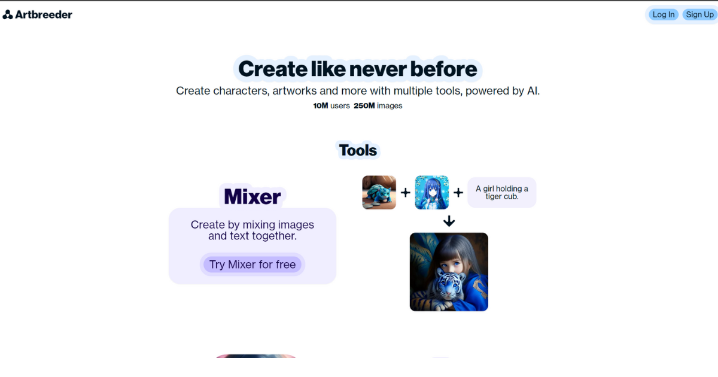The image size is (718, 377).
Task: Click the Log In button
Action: (x=664, y=14)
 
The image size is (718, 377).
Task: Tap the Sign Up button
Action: (x=699, y=14)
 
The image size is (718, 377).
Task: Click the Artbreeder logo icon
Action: (x=8, y=14)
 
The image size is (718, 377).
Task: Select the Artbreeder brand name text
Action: (x=43, y=14)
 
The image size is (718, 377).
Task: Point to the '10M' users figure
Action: (x=321, y=106)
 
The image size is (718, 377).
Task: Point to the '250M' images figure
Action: (x=364, y=106)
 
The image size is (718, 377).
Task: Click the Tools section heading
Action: (x=358, y=150)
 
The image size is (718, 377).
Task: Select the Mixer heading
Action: (x=252, y=196)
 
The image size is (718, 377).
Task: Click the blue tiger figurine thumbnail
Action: (x=379, y=193)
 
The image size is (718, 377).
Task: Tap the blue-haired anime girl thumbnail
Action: (x=431, y=193)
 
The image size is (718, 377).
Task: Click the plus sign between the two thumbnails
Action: (x=405, y=193)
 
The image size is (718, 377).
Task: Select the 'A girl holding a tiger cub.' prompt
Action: (x=501, y=193)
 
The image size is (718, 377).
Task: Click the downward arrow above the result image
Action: (x=449, y=221)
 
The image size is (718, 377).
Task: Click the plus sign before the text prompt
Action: (x=458, y=193)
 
